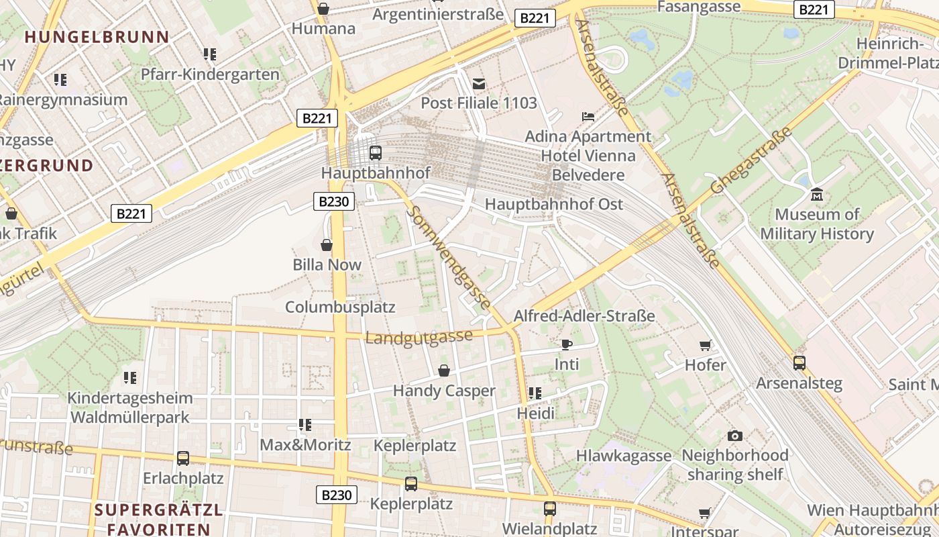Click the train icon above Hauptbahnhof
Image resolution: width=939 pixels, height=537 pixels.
pyautogui.click(x=376, y=152)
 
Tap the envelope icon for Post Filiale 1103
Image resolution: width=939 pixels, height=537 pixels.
pyautogui.click(x=479, y=84)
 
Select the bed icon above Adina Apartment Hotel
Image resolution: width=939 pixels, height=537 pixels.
pyautogui.click(x=588, y=117)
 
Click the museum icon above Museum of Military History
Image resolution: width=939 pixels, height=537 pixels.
pyautogui.click(x=816, y=195)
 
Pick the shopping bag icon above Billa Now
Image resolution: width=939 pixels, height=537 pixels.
pyautogui.click(x=327, y=245)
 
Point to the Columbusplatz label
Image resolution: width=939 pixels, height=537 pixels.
pyautogui.click(x=340, y=307)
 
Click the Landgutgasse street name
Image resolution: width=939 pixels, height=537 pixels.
pyautogui.click(x=419, y=336)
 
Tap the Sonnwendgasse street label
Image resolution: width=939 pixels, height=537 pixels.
pyautogui.click(x=449, y=257)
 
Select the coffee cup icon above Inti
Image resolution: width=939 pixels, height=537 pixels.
pyautogui.click(x=567, y=345)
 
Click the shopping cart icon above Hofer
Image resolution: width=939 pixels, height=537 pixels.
pyautogui.click(x=705, y=345)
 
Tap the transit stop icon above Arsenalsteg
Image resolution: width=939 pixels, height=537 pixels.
pyautogui.click(x=799, y=363)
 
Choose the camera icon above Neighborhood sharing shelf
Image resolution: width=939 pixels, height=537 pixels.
pyautogui.click(x=734, y=436)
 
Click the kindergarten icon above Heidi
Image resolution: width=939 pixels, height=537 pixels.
pyautogui.click(x=535, y=393)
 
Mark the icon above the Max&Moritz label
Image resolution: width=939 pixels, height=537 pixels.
pyautogui.click(x=305, y=425)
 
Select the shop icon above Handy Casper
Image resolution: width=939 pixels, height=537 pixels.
pyautogui.click(x=443, y=371)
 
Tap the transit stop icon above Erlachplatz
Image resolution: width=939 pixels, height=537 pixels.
pyautogui.click(x=182, y=458)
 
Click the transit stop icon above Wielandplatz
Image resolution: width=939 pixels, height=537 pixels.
pyautogui.click(x=549, y=508)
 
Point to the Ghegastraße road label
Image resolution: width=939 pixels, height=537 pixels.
pyautogui.click(x=751, y=160)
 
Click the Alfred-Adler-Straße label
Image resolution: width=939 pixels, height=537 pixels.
pyautogui.click(x=584, y=316)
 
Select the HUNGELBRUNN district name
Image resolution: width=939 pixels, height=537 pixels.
pyautogui.click(x=97, y=37)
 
